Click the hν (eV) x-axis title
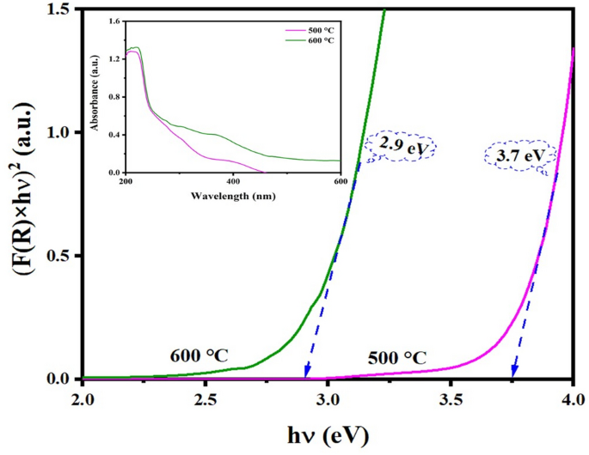(x=328, y=434)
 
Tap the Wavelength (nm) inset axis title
(x=232, y=197)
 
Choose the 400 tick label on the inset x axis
(x=232, y=182)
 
